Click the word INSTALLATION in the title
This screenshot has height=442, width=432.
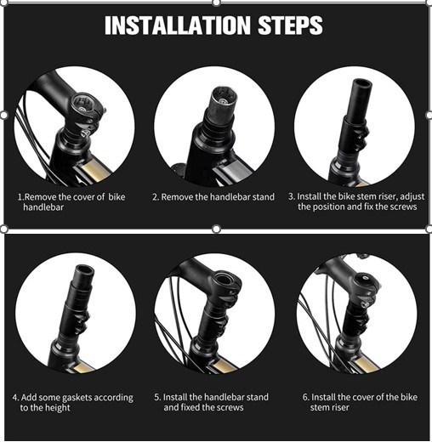178,25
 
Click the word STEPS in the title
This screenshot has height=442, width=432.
290,25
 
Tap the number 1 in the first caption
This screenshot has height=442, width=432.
20,197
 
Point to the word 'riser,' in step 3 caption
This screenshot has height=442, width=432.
386,196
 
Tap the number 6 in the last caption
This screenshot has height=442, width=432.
304,397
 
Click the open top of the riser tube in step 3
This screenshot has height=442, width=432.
362,84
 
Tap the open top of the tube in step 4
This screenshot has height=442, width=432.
85,269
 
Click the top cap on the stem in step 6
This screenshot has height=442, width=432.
365,278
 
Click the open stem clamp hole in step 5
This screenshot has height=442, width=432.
225,279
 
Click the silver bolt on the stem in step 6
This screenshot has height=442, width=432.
364,304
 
